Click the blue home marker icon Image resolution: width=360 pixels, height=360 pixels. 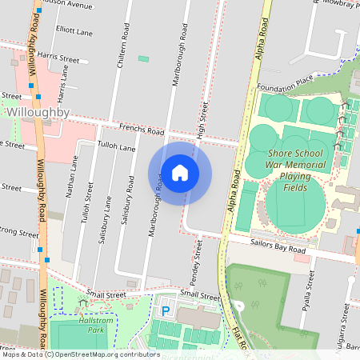(180, 173)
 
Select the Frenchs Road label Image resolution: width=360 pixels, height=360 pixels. (142, 130)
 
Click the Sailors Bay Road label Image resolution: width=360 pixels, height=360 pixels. (278, 250)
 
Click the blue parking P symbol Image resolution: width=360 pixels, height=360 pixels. (166, 310)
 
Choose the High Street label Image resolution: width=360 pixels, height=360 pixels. (202, 120)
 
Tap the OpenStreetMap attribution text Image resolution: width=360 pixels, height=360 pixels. (92, 354)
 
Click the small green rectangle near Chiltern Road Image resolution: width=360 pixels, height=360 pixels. (144, 58)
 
